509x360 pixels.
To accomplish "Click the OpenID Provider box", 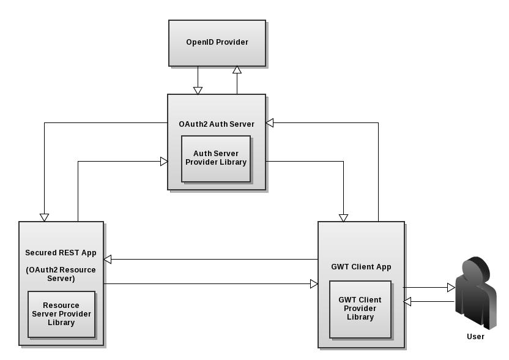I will pyautogui.click(x=217, y=43).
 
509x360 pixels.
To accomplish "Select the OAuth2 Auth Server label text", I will pyautogui.click(x=217, y=124).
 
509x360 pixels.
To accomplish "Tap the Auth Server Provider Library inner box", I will pyautogui.click(x=216, y=159).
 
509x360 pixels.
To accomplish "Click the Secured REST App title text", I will pyautogui.click(x=61, y=253).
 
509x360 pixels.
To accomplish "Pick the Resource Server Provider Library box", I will pyautogui.click(x=61, y=314).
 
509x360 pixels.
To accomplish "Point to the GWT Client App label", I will pyautogui.click(x=361, y=267).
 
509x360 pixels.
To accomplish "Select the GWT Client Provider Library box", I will pyautogui.click(x=360, y=309).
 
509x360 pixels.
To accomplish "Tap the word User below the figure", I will pyautogui.click(x=475, y=337).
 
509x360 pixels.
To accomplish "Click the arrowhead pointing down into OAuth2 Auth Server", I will pyautogui.click(x=198, y=91).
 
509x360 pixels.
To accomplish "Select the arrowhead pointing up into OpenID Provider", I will pyautogui.click(x=237, y=70).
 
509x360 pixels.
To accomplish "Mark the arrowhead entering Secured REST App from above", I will pyautogui.click(x=44, y=217).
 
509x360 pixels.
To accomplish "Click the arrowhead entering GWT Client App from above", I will pyautogui.click(x=343, y=217).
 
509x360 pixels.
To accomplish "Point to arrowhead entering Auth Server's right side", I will pyautogui.click(x=270, y=122).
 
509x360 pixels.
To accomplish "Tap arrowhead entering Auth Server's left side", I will pyautogui.click(x=164, y=162).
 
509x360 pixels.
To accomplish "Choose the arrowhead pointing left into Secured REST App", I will pyautogui.click(x=108, y=260).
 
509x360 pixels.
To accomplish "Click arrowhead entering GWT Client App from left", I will pyautogui.click(x=314, y=283).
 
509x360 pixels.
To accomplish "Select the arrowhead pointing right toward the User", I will pyautogui.click(x=451, y=288).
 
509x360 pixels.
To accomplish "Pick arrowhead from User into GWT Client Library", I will pyautogui.click(x=407, y=301).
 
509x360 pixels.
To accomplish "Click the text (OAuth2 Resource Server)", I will pyautogui.click(x=61, y=274).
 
